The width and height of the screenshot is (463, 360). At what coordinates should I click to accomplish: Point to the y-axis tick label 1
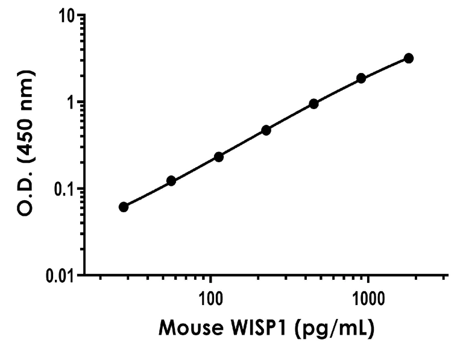68,102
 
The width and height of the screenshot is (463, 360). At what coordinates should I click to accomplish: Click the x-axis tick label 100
210,298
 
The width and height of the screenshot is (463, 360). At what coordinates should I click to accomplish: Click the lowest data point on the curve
124,207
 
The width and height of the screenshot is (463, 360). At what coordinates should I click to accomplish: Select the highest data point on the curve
409,58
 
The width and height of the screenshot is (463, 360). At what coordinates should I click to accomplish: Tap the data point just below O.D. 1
313,104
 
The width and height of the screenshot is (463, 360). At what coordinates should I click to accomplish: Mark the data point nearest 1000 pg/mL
361,78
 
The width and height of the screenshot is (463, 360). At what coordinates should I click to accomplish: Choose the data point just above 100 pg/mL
219,157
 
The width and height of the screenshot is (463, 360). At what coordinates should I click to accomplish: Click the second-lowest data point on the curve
171,181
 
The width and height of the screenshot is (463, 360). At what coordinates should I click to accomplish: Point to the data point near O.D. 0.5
266,130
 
